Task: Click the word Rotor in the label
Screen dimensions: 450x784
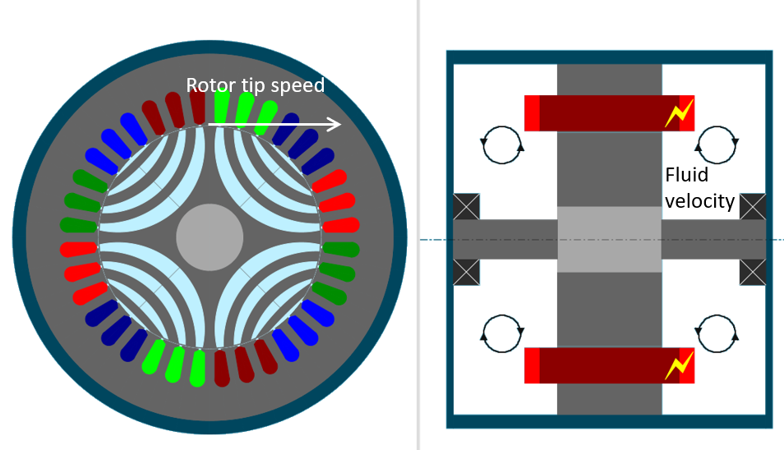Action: tap(207, 85)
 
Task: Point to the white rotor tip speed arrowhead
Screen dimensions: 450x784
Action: tap(334, 125)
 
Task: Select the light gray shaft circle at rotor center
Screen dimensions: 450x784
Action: tap(210, 237)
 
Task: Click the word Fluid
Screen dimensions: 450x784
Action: tap(686, 175)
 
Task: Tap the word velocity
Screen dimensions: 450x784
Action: tap(699, 200)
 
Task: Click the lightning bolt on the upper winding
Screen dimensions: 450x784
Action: tap(679, 114)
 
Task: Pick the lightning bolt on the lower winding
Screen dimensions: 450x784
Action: tap(679, 365)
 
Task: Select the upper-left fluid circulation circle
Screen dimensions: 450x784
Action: tap(501, 144)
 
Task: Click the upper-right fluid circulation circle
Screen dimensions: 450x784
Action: tap(716, 144)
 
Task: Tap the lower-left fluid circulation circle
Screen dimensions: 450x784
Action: tap(501, 333)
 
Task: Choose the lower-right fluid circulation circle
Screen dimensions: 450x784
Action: tap(716, 333)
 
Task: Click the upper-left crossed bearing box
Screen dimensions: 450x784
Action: tap(466, 206)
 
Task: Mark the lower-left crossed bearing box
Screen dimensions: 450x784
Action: tap(466, 272)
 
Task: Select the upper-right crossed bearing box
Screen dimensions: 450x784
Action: tap(753, 206)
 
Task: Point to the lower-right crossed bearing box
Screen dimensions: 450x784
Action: tap(753, 272)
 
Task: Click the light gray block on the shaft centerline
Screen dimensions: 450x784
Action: tap(609, 239)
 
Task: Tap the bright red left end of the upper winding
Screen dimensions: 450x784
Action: tap(532, 113)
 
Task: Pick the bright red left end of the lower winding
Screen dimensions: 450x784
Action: tap(532, 365)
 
